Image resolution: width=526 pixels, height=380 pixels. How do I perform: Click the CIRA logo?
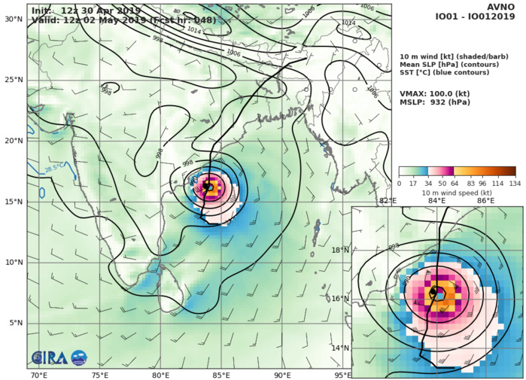46,358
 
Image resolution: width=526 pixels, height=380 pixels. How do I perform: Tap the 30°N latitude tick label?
13,19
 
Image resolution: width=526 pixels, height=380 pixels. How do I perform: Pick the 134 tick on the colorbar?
515,183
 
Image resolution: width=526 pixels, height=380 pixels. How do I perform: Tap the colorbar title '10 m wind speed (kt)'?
457,193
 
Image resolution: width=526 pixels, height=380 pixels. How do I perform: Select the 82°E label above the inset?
388,201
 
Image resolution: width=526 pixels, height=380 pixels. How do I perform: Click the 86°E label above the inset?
485,201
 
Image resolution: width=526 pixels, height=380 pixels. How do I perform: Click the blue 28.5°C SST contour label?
53,169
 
